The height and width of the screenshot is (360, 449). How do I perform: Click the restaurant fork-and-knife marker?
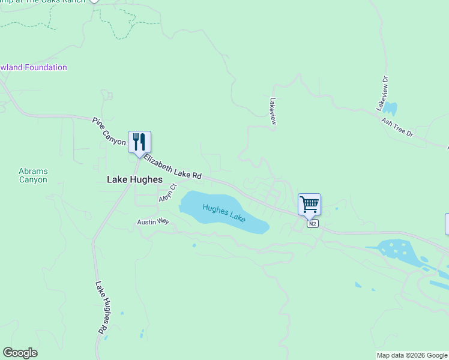[x=139, y=142]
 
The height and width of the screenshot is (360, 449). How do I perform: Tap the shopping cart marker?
[x=309, y=205]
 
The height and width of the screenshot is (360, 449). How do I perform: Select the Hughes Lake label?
[x=224, y=213]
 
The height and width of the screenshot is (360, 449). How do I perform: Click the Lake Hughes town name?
[x=134, y=179]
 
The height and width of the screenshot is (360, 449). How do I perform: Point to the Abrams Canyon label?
[x=33, y=175]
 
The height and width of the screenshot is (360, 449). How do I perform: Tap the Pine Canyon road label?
[x=109, y=131]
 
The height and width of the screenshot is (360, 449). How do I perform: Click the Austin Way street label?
[x=154, y=221]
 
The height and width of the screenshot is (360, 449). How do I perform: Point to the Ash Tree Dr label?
[x=398, y=126]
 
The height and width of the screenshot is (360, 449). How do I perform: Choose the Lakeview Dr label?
[x=382, y=92]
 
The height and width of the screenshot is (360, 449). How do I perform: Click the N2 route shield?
[x=312, y=224]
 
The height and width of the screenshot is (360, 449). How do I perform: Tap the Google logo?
[x=20, y=353]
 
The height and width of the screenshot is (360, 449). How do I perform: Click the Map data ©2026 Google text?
[x=412, y=355]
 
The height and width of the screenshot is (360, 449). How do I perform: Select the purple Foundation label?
[x=33, y=67]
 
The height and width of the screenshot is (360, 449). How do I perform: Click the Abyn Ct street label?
[x=167, y=193]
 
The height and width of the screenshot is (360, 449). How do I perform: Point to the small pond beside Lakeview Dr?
[x=390, y=109]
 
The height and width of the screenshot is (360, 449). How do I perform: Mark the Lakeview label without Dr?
[x=273, y=111]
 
